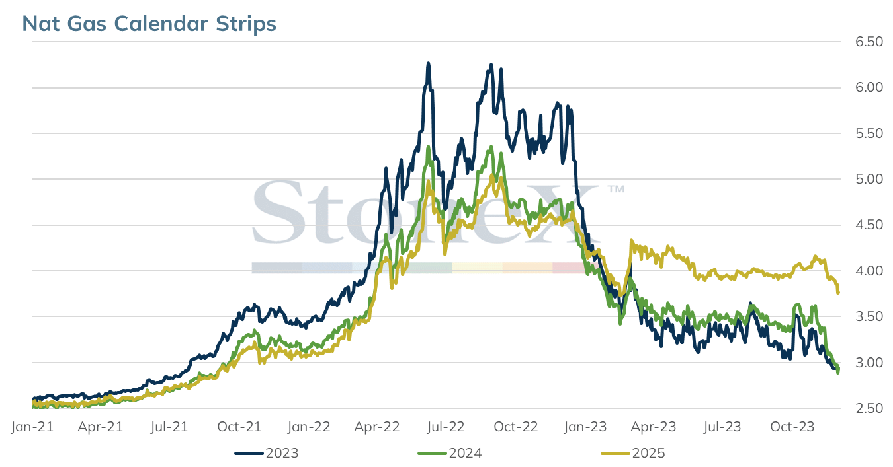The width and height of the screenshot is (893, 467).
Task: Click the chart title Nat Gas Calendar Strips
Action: (x=149, y=24)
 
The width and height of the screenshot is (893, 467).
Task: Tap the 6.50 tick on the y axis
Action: (x=869, y=42)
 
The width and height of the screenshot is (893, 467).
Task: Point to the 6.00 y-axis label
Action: (x=869, y=88)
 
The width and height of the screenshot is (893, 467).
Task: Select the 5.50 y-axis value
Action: (x=869, y=133)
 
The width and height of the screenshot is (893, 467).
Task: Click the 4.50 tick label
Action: (x=869, y=225)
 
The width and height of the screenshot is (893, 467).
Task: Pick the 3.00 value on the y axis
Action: (x=869, y=363)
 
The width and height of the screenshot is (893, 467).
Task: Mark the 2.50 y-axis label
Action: (x=869, y=408)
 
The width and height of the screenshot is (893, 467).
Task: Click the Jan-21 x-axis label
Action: (x=32, y=427)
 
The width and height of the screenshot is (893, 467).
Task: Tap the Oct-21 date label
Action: (x=239, y=427)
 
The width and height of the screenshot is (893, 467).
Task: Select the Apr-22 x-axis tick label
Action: (x=377, y=427)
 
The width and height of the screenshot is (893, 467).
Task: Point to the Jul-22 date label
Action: (x=446, y=427)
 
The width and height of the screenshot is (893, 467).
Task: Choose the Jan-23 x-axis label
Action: (x=585, y=427)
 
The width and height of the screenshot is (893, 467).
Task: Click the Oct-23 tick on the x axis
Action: (x=792, y=427)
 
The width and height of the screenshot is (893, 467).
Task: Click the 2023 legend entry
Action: (x=267, y=454)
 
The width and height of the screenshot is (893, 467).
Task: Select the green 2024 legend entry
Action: (x=450, y=454)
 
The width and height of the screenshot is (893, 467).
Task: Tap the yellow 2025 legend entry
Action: (x=633, y=454)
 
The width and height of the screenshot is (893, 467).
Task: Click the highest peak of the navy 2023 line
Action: (x=429, y=63)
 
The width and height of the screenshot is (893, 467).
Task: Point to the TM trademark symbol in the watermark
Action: (x=616, y=189)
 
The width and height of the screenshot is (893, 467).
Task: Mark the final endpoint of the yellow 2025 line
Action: (x=838, y=293)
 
